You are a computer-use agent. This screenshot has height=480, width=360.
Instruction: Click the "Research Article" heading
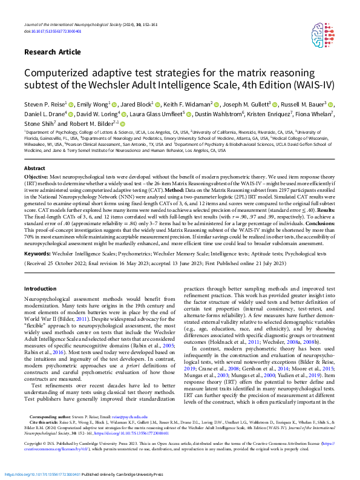(x=55, y=53)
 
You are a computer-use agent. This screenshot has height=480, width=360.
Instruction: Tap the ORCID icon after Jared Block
(x=157, y=104)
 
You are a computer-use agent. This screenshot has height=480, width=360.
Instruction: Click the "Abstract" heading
(x=34, y=168)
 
